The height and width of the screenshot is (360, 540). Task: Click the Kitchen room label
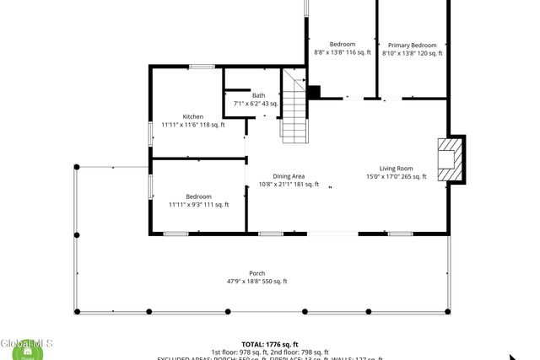193,116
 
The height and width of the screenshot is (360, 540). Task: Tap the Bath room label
258,95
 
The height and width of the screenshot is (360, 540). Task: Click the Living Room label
396,168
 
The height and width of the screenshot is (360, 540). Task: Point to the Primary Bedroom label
412,45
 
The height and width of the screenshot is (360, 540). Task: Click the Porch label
256,273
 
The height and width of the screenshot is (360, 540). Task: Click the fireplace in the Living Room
451,158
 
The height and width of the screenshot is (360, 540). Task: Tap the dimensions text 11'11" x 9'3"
198,204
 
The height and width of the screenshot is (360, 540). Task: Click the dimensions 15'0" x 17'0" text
397,177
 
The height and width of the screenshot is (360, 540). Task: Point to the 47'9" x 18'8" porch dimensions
256,282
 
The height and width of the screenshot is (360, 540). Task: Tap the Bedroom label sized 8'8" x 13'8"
342,44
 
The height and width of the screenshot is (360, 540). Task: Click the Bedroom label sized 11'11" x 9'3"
198,196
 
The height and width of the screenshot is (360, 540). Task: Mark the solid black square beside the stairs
314,93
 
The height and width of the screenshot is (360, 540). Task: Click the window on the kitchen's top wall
201,67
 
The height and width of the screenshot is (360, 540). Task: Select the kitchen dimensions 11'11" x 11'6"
193,125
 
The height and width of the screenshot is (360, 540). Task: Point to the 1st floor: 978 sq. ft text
239,352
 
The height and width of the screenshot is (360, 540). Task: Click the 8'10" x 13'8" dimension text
412,53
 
